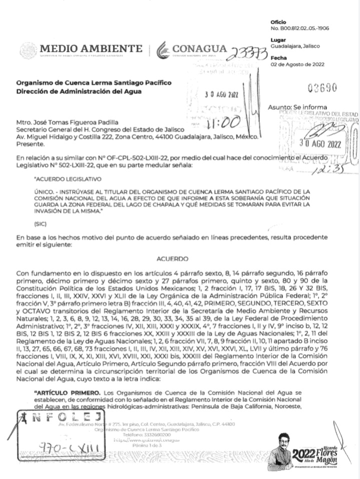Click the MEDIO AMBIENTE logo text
[91, 49]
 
